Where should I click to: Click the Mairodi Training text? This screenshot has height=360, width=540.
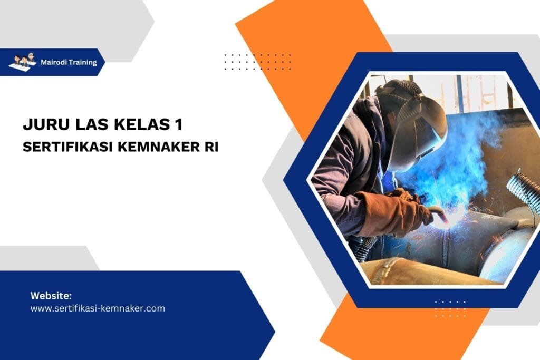(69, 62)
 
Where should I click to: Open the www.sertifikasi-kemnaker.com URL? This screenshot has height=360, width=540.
(98, 308)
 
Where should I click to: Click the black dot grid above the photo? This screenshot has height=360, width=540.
(257, 61)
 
